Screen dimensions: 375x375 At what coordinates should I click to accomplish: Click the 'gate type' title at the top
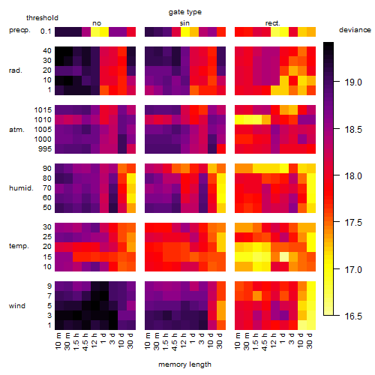[x=185, y=12]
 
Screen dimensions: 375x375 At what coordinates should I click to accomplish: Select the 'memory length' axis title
[x=184, y=364]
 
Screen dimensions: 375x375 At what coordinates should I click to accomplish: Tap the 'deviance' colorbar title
[x=355, y=30]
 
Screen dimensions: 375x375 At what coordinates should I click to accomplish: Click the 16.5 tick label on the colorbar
[x=353, y=316]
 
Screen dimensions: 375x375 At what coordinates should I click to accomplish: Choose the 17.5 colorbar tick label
[x=353, y=223]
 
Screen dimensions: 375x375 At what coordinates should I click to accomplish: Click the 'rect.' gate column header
[x=273, y=23]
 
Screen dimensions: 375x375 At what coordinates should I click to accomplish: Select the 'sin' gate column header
[x=184, y=23]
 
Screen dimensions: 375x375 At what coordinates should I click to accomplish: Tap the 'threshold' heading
[x=42, y=18]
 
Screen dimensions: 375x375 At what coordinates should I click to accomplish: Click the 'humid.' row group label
[x=21, y=188]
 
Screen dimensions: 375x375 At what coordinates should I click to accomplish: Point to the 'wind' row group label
[x=17, y=306]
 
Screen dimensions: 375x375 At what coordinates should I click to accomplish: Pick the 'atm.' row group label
[x=16, y=130]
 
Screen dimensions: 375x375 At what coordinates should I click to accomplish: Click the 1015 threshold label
[x=43, y=110]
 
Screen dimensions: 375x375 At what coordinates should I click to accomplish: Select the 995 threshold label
[x=45, y=149]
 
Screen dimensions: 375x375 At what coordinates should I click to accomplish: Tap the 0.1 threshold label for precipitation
[x=46, y=31]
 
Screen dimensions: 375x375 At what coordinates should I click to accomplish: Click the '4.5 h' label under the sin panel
[x=176, y=341]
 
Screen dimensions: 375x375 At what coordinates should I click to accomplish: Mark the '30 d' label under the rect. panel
[x=310, y=340]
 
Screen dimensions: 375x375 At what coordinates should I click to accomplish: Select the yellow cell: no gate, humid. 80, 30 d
[x=131, y=178]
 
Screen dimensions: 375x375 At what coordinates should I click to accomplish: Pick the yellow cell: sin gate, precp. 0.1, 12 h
[x=185, y=31]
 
